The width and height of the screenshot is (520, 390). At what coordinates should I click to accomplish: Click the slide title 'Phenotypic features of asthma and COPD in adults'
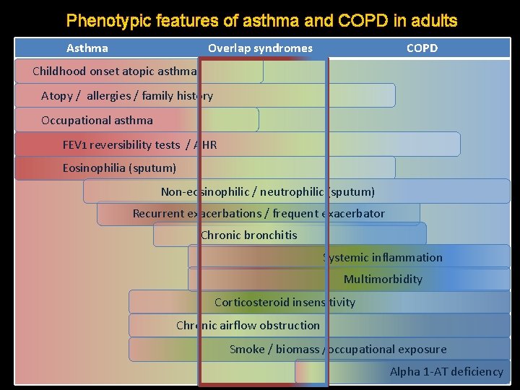[x=261, y=20]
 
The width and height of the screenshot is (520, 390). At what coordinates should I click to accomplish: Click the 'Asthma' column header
[x=87, y=48]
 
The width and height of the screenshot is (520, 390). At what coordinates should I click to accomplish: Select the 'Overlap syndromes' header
[x=260, y=48]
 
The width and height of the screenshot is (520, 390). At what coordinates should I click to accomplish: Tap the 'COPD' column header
[x=422, y=48]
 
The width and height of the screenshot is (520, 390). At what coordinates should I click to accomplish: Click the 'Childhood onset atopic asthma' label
[x=115, y=71]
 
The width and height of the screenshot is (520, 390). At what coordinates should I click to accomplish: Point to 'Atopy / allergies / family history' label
[x=127, y=95]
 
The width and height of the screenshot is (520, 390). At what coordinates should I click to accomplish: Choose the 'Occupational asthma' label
[x=97, y=120]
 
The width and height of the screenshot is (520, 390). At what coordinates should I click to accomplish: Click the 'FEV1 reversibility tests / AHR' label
[x=139, y=144]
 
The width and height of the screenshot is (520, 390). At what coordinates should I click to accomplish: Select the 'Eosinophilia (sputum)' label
[x=119, y=168]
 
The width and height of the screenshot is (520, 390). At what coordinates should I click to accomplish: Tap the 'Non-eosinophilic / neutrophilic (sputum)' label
[x=267, y=191]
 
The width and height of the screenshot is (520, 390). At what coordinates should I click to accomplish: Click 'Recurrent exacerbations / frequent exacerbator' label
[x=259, y=213]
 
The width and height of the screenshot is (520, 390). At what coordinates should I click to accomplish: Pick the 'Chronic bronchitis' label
[x=248, y=235]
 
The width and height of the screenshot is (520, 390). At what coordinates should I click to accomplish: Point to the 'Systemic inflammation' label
[x=383, y=257]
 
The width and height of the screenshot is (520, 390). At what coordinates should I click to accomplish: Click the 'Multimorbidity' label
[x=383, y=279]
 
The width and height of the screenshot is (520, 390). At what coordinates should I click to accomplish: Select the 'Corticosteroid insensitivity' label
[x=285, y=302]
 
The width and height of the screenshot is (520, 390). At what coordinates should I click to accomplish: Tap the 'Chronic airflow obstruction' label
[x=248, y=325]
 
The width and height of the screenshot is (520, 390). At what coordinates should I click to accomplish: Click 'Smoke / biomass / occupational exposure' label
[x=338, y=349]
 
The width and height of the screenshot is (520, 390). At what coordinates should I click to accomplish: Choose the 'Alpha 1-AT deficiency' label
[x=446, y=371]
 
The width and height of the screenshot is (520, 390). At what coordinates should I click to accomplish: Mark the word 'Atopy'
[x=56, y=96]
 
